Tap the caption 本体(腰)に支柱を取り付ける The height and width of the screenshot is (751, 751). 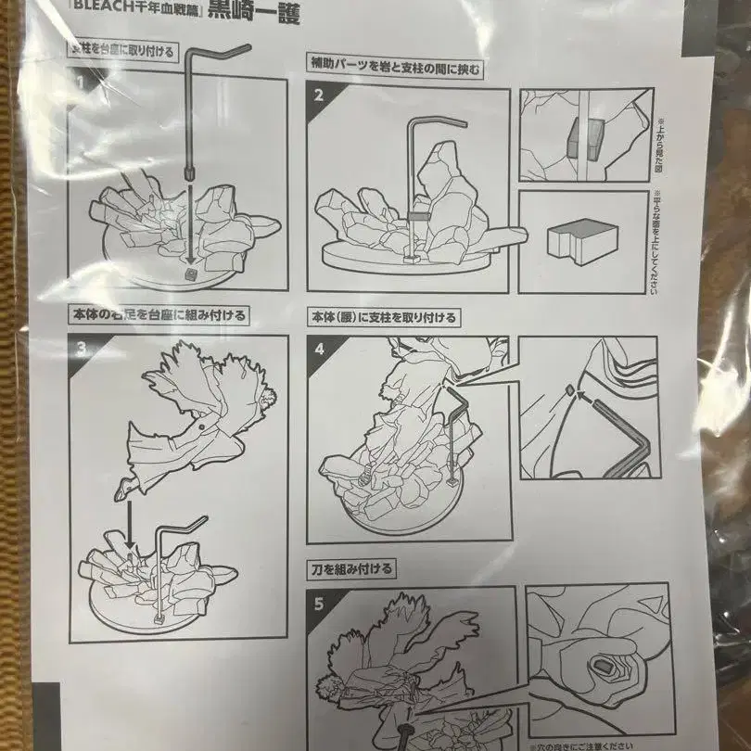point(385,317)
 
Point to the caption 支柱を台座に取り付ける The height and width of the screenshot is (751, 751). point(121,51)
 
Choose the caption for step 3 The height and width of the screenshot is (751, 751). point(163,315)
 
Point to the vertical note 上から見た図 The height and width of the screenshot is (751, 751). point(661,150)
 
